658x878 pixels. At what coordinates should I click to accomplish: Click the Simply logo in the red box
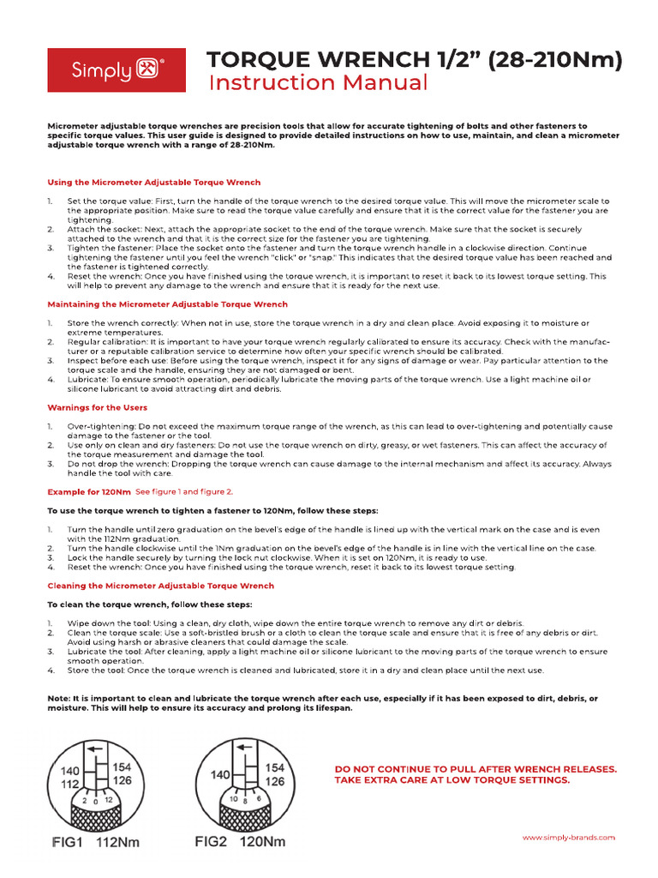(116, 69)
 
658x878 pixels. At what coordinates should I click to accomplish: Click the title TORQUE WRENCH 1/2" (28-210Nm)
(416, 59)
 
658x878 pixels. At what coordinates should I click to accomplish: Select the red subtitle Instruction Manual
(318, 83)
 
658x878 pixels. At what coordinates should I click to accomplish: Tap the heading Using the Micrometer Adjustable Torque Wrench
(154, 183)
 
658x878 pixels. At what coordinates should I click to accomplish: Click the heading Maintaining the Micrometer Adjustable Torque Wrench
(167, 304)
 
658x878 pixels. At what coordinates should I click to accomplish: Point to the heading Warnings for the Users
(97, 407)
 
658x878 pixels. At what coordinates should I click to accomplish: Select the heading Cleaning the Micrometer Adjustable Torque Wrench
(161, 586)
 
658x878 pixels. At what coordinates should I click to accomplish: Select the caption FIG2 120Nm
(241, 842)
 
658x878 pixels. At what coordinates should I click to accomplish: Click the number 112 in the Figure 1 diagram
(69, 785)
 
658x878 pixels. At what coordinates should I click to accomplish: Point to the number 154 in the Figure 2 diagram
(275, 768)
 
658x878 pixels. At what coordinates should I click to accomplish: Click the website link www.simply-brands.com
(568, 837)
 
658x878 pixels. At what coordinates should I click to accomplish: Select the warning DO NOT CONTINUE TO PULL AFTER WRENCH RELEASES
(476, 769)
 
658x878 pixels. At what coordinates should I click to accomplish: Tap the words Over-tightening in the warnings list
(97, 426)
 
